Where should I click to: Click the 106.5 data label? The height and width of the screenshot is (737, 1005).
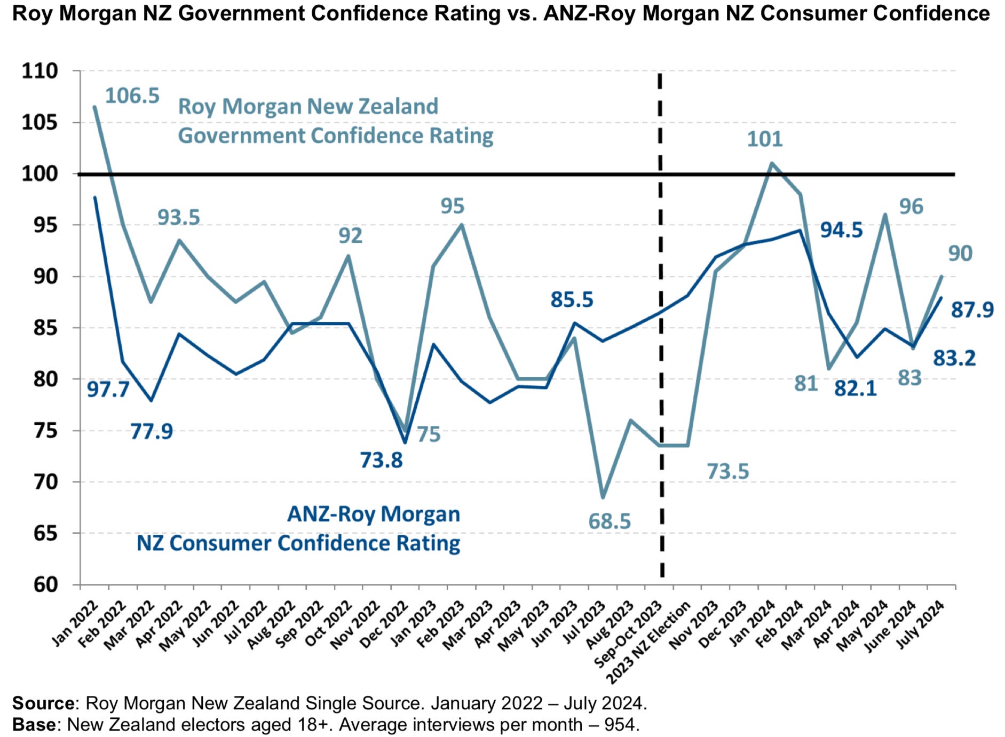coord(132,96)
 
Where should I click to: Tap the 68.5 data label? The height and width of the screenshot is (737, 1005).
coord(609,521)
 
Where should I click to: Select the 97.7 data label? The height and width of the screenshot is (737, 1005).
coord(108,390)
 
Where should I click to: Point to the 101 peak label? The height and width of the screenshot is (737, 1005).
coord(764,139)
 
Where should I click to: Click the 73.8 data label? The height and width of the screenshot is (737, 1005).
coord(381,460)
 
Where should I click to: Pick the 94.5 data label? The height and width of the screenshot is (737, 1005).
coord(841,230)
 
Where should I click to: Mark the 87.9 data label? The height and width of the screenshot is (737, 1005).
coord(972,310)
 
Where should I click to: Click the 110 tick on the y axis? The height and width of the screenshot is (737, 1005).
coord(39,71)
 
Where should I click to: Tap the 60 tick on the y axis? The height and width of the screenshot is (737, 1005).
coord(45,585)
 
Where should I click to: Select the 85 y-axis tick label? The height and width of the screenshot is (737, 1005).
coord(45,328)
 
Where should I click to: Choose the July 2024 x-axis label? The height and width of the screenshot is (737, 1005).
coord(920,625)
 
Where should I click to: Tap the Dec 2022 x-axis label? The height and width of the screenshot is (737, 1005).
coord(384,624)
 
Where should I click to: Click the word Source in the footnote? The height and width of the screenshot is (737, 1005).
coord(43,703)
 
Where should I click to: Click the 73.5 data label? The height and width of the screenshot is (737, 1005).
coord(727,472)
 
